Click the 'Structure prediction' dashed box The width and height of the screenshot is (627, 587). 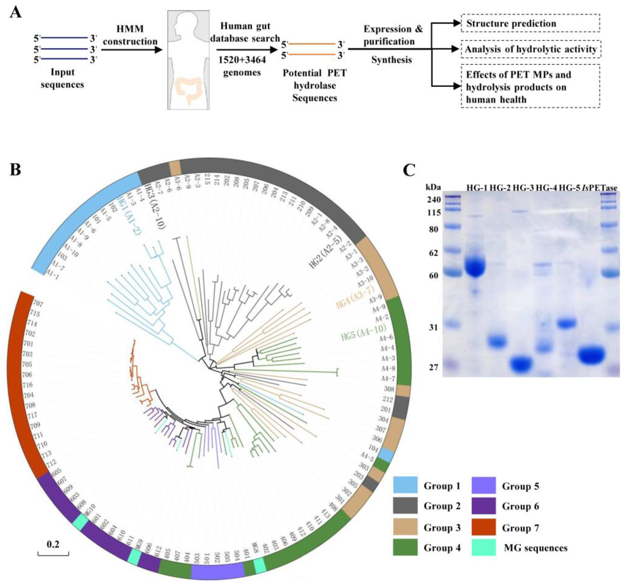tap(530, 23)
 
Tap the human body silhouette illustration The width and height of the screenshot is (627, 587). tap(188, 60)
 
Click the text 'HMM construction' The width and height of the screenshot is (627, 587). tap(130, 35)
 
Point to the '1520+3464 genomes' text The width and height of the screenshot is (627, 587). tap(242, 66)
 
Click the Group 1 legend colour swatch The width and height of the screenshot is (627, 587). tap(405, 486)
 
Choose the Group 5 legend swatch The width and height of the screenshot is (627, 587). tap(483, 486)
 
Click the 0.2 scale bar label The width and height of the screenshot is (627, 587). tap(53, 544)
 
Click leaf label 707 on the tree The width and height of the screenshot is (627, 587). tap(38, 304)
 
